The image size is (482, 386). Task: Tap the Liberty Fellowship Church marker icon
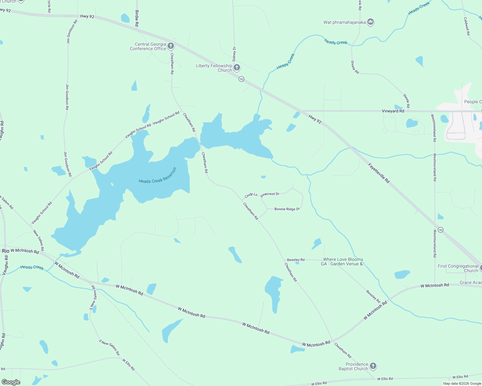[237, 68]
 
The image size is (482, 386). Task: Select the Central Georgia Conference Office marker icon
[171, 46]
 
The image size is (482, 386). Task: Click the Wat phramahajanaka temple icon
[371, 22]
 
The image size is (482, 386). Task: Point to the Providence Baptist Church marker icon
[373, 366]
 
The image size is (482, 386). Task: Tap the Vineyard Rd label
[393, 111]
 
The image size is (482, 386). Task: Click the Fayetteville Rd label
[379, 173]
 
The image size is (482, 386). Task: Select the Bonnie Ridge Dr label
[287, 209]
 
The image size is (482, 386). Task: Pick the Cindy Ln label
[251, 195]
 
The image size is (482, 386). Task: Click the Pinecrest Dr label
[270, 194]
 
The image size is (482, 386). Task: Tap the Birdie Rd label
[137, 18]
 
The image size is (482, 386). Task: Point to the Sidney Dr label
[234, 54]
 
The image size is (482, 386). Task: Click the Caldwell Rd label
[467, 26]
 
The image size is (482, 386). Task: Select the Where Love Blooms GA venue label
[343, 262]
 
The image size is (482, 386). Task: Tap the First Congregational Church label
[458, 268]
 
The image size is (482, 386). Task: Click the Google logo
[11, 382]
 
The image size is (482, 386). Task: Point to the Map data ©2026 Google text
[462, 383]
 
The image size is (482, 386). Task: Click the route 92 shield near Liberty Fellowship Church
[241, 79]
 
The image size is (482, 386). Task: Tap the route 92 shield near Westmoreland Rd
[440, 230]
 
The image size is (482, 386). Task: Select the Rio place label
[5, 251]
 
